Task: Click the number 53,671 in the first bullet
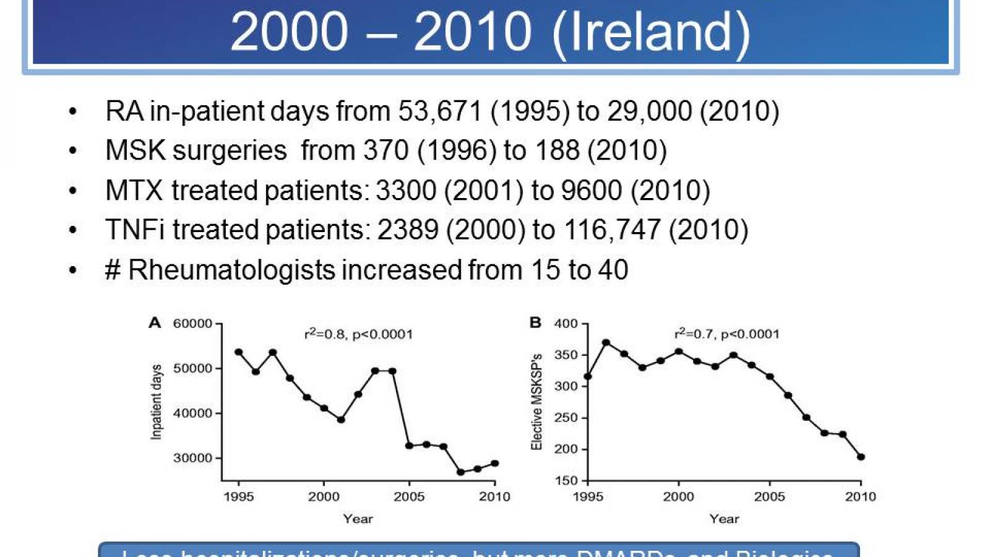pyautogui.click(x=439, y=111)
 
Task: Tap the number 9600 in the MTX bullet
pyautogui.click(x=591, y=190)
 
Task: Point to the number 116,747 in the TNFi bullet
pyautogui.click(x=613, y=230)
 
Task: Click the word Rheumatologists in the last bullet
pyautogui.click(x=232, y=270)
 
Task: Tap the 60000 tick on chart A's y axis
pyautogui.click(x=192, y=324)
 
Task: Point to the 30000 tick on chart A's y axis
pyautogui.click(x=192, y=458)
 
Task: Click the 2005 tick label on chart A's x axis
pyautogui.click(x=409, y=496)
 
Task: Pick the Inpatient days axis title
pyautogui.click(x=156, y=402)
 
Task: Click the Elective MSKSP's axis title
pyautogui.click(x=536, y=402)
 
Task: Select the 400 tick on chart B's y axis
pyautogui.click(x=566, y=324)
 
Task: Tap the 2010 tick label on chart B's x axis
pyautogui.click(x=860, y=496)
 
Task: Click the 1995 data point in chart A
pyautogui.click(x=239, y=352)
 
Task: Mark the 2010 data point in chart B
pyautogui.click(x=861, y=457)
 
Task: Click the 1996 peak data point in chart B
pyautogui.click(x=606, y=342)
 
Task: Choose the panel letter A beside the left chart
pyautogui.click(x=155, y=322)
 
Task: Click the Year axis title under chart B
pyautogui.click(x=724, y=519)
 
